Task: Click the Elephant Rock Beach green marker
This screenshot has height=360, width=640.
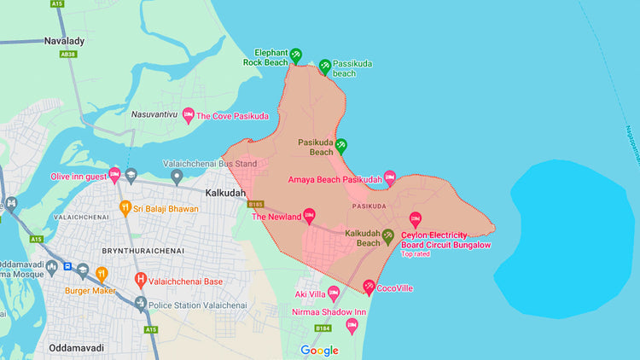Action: click(x=295, y=55)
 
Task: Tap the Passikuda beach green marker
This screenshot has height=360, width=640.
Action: click(x=324, y=67)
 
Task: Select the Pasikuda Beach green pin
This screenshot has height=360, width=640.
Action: click(x=340, y=145)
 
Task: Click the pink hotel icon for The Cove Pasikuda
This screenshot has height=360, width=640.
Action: click(x=188, y=115)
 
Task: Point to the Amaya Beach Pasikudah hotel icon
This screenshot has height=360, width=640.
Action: click(x=390, y=177)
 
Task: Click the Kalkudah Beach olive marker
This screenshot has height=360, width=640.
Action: click(x=388, y=236)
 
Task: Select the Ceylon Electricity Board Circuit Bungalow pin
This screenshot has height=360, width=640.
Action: click(x=416, y=218)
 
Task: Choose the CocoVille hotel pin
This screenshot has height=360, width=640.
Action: click(x=369, y=287)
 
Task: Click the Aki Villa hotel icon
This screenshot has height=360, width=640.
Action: click(x=334, y=293)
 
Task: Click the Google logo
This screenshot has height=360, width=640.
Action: click(x=319, y=350)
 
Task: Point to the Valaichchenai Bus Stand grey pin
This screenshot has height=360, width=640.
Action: click(x=177, y=177)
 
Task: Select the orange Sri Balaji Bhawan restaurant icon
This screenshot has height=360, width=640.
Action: click(x=125, y=207)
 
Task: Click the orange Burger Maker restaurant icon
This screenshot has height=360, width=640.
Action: click(x=102, y=274)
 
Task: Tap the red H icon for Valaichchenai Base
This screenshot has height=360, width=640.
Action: click(x=140, y=280)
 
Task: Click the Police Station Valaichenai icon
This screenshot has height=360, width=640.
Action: click(x=140, y=305)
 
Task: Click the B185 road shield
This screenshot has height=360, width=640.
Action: click(x=255, y=205)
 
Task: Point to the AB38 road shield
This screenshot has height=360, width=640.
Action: click(x=67, y=53)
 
